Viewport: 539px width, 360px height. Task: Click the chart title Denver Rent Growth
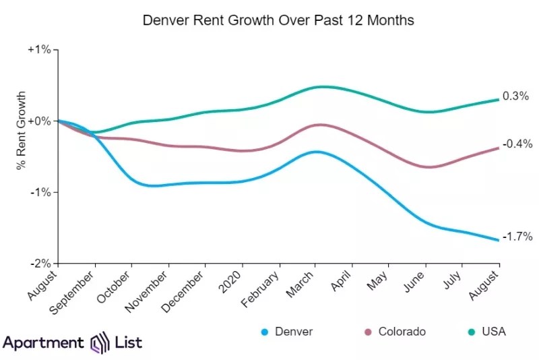[278, 20]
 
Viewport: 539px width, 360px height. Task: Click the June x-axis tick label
[414, 281]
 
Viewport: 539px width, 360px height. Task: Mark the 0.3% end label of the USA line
[515, 96]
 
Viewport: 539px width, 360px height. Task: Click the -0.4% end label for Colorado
[517, 144]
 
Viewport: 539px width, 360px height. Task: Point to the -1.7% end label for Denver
[517, 237]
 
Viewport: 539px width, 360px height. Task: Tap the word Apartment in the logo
[44, 342]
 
